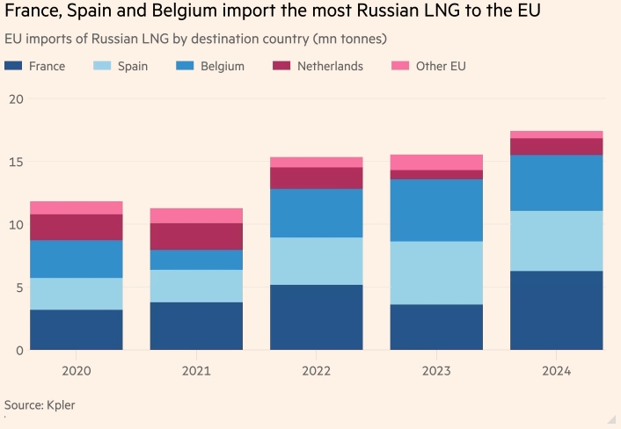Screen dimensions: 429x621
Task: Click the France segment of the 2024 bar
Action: [556, 310]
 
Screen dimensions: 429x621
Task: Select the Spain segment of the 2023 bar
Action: [436, 273]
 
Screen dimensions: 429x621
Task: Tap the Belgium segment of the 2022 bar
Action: [316, 213]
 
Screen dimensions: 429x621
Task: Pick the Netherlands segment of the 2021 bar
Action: [196, 236]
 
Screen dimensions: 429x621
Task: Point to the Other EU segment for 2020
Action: [77, 207]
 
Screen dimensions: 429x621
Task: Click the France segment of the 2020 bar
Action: [77, 330]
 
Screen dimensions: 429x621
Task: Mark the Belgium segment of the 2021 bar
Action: [196, 259]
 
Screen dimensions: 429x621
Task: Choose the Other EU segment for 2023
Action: [436, 162]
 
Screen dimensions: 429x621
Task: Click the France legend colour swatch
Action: [13, 66]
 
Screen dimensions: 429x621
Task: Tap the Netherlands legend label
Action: [330, 66]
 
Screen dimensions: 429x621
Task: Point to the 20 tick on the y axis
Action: [13, 98]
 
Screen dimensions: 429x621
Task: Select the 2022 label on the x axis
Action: [316, 371]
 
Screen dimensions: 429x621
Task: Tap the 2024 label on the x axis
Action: [556, 371]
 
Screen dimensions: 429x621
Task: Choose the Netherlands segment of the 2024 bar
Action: [556, 146]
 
